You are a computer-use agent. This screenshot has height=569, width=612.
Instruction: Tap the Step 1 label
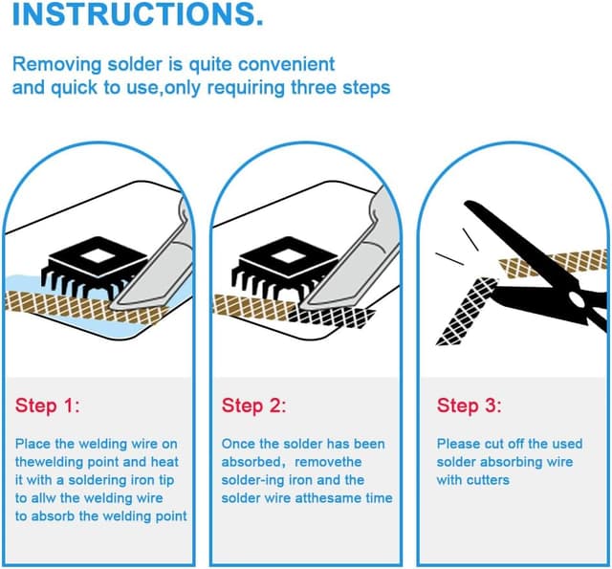click(x=47, y=405)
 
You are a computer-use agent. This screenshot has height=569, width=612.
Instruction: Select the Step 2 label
click(x=253, y=405)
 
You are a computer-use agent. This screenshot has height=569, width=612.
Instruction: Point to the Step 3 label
click(x=469, y=405)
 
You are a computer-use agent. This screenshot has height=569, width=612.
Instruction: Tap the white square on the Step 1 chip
click(x=98, y=256)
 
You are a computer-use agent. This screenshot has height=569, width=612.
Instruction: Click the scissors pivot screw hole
click(x=577, y=299)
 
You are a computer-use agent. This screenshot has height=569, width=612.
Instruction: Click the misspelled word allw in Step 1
click(x=43, y=498)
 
